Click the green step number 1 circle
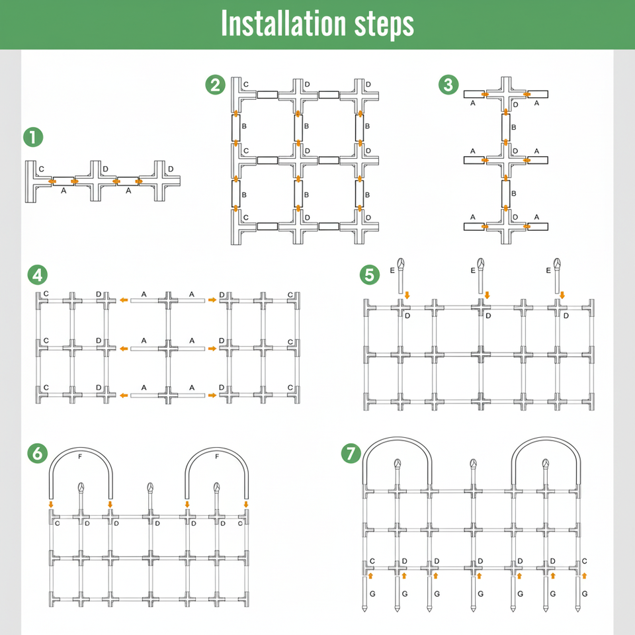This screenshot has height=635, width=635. point(32,138)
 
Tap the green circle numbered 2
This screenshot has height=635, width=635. point(214,85)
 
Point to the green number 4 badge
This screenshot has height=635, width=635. point(37,275)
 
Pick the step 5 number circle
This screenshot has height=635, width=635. point(369,274)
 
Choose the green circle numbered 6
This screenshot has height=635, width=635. point(37,453)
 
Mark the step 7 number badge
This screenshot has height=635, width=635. point(351,454)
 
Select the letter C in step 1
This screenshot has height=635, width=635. point(41,170)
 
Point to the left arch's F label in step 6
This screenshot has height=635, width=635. point(80,456)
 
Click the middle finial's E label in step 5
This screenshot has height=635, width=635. point(472,271)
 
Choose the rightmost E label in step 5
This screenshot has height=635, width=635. point(549,271)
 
